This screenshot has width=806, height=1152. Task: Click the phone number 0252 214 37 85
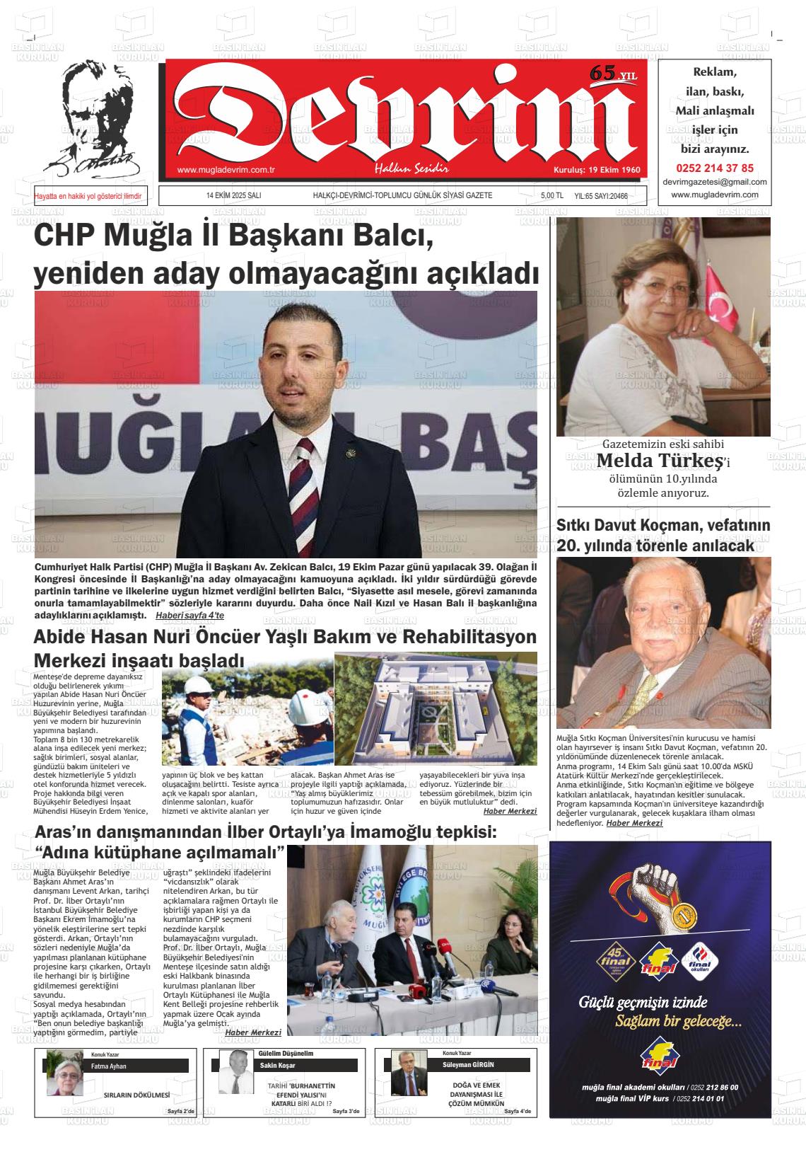(714, 168)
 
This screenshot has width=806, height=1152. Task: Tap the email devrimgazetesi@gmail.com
(714, 182)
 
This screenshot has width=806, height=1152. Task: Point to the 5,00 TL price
(551, 196)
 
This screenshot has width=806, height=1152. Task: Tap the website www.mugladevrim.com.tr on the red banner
(226, 170)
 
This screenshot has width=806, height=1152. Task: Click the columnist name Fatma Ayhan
(109, 1066)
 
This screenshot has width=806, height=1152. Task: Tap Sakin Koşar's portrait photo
(231, 1071)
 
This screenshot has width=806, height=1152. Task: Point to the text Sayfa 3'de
(346, 1112)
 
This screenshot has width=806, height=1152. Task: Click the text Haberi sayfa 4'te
(189, 615)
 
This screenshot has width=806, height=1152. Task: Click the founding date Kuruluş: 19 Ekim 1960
(596, 170)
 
